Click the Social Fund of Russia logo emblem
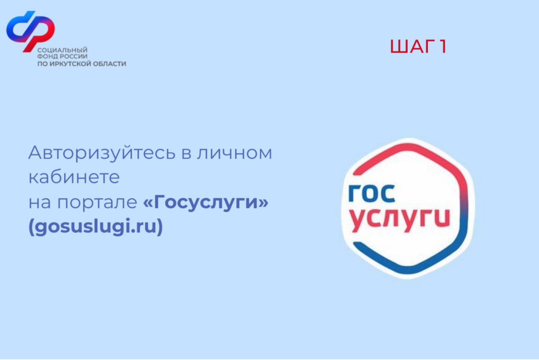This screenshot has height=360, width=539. tap(31, 31)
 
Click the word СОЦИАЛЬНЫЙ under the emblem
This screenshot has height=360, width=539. tap(62, 50)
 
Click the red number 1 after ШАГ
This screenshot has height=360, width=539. tap(443, 46)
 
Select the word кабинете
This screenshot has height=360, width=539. tap(74, 177)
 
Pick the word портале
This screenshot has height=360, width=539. tap(97, 203)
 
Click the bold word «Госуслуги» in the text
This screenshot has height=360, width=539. tap(206, 202)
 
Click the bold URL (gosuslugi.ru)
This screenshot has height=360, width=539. tap(96, 227)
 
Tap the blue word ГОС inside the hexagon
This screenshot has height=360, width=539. tap(372, 194)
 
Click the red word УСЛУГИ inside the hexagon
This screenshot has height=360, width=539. tap(400, 220)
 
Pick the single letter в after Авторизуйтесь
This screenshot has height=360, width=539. tap(187, 154)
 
